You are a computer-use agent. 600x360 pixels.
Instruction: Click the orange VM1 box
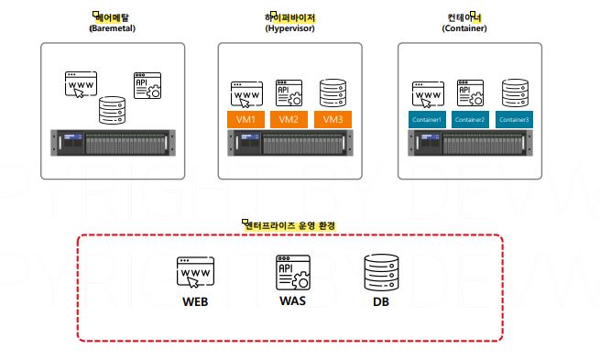coord(245,119)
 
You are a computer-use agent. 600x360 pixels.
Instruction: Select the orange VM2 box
coord(289,119)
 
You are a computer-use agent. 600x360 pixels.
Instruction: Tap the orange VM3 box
coord(333,119)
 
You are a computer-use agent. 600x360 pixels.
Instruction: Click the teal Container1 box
coord(426,119)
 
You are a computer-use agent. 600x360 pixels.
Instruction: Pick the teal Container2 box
coord(469,119)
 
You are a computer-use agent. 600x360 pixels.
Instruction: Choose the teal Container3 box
coord(513,119)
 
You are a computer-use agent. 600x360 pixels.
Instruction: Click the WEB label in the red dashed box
coord(195,300)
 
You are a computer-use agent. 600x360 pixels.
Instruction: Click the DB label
coord(381,300)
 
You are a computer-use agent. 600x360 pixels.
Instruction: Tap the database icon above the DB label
coord(381,271)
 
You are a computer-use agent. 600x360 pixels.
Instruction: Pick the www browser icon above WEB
coord(195,273)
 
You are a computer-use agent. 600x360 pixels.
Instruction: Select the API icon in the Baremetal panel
coord(147,84)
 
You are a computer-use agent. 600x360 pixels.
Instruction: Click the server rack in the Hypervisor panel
coord(289,144)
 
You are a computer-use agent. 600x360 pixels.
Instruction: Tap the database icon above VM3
coord(332,93)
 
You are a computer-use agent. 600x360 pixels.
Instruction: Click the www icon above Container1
coord(426,94)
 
